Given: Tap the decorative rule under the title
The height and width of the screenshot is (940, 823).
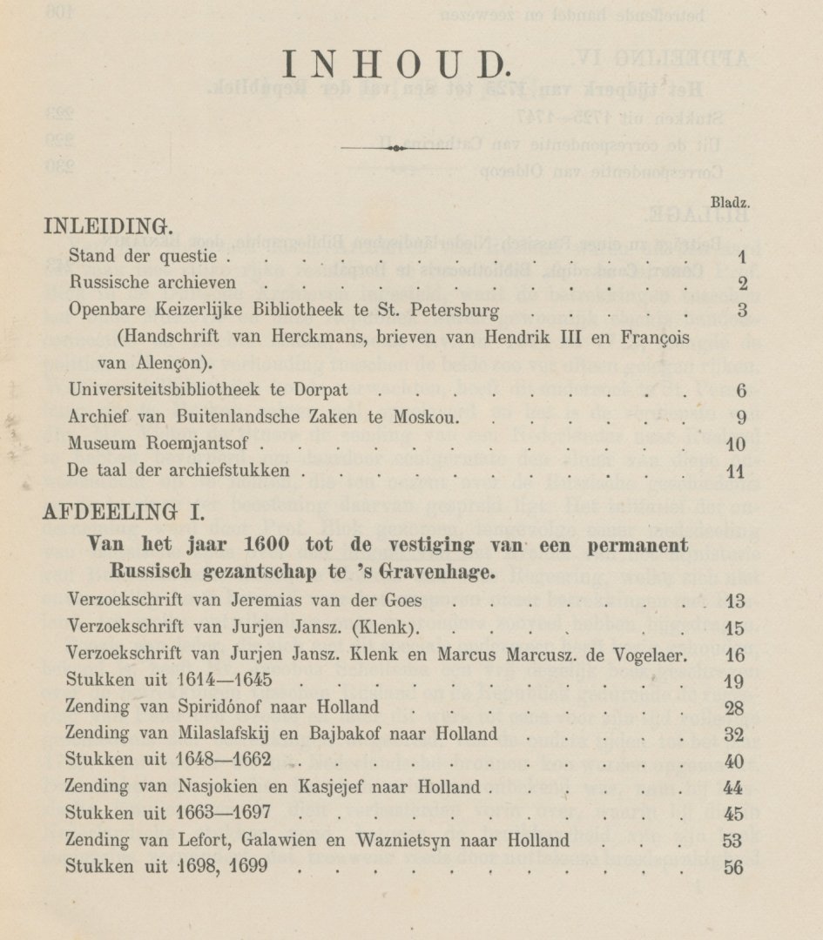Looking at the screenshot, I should click(x=396, y=149).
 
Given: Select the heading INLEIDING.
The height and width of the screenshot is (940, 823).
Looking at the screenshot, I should click(x=107, y=226).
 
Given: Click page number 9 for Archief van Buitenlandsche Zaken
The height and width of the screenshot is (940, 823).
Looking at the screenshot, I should click(x=741, y=417).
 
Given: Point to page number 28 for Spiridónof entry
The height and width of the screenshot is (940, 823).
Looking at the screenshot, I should click(x=733, y=707).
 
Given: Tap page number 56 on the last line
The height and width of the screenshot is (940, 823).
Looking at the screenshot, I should click(x=733, y=868).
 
